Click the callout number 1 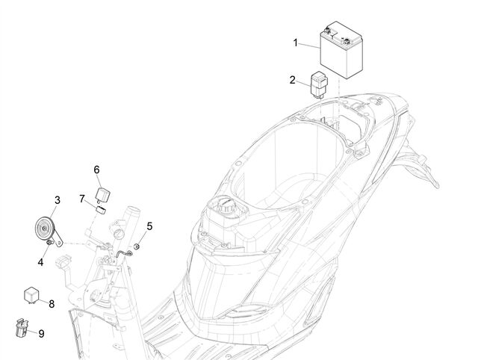295,43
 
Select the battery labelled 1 341,49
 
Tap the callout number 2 292,80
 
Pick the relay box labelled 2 319,84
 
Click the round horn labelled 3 45,229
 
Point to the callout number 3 58,200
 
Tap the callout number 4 40,262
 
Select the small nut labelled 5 137,246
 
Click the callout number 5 149,226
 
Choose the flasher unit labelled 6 102,195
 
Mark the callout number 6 96,170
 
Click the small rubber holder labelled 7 100,210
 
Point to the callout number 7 81,199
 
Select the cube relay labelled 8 31,295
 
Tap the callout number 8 52,303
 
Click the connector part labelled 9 22,328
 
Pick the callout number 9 42,334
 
